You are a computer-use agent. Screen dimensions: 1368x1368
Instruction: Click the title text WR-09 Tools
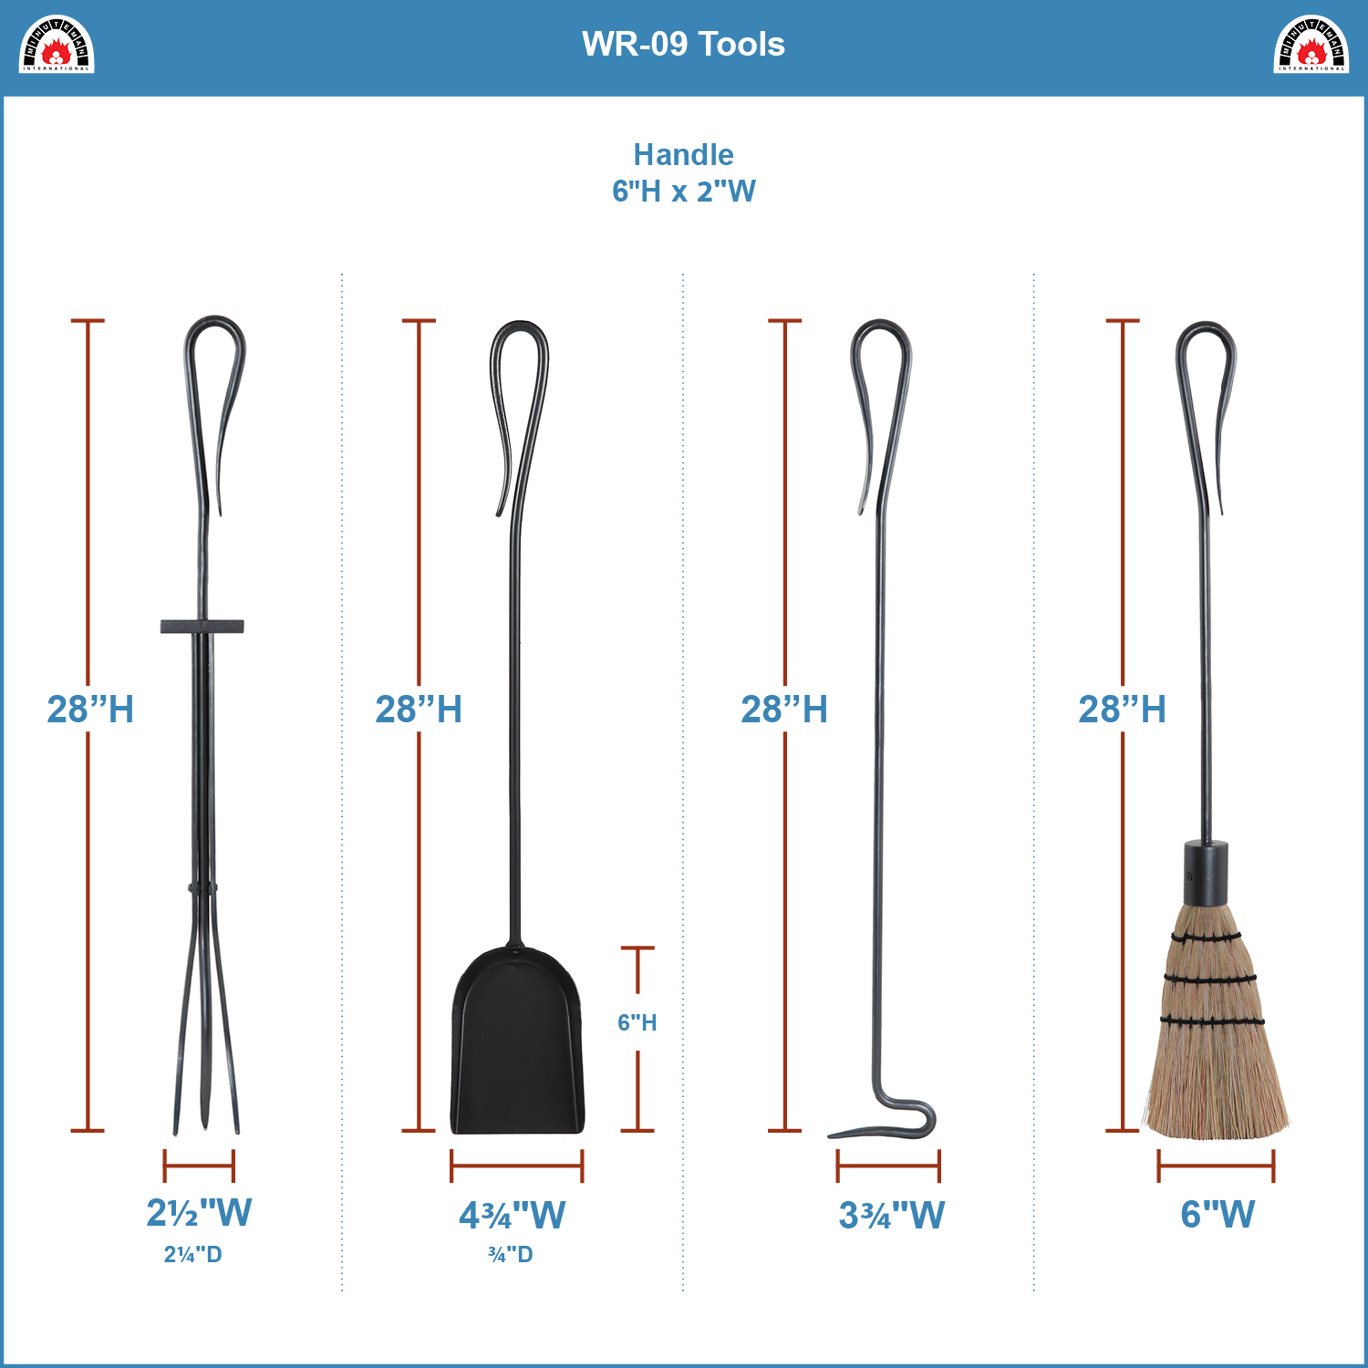tap(683, 44)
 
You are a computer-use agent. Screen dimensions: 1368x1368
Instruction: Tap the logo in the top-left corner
tap(57, 44)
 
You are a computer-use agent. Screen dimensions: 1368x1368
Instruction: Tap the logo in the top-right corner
tap(1311, 44)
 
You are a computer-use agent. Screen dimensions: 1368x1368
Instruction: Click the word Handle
tap(683, 154)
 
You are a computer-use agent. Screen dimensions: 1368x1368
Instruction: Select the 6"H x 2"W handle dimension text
tap(683, 192)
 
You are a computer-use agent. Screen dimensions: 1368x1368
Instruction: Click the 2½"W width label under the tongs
tap(199, 1213)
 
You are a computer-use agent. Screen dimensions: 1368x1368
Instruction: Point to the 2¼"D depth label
tap(192, 1255)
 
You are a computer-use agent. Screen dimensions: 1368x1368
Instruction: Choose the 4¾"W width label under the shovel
tap(512, 1215)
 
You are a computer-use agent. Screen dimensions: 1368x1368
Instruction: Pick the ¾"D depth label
tap(511, 1255)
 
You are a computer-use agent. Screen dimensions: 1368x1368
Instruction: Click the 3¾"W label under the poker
tap(891, 1215)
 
